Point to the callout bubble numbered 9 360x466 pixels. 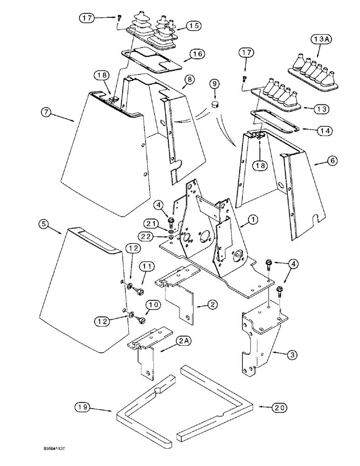pyautogui.click(x=215, y=84)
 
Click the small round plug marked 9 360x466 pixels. pyautogui.click(x=215, y=102)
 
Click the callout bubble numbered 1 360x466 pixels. pyautogui.click(x=252, y=219)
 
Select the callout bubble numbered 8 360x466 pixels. pyautogui.click(x=188, y=80)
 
